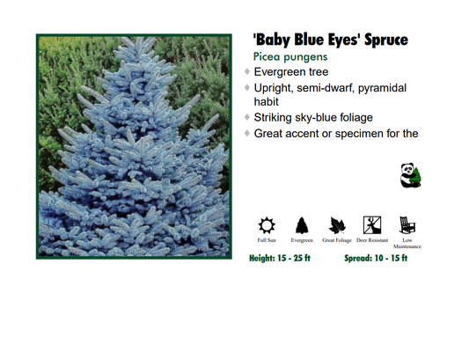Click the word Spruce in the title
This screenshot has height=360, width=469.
coord(380,40)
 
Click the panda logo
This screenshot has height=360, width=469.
coord(409,175)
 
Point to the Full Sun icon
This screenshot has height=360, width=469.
coord(267,224)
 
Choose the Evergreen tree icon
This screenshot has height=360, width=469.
coord(302,224)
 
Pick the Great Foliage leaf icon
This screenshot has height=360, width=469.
coord(337,224)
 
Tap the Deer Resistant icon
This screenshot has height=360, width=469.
coord(372,224)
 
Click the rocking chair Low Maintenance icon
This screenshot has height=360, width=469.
coord(407,224)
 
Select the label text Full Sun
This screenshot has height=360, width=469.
coord(267,239)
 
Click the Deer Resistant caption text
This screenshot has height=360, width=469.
coord(372,239)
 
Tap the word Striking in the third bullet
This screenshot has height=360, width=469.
coord(278,118)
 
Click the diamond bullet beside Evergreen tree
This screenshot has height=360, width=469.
coord(247,71)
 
